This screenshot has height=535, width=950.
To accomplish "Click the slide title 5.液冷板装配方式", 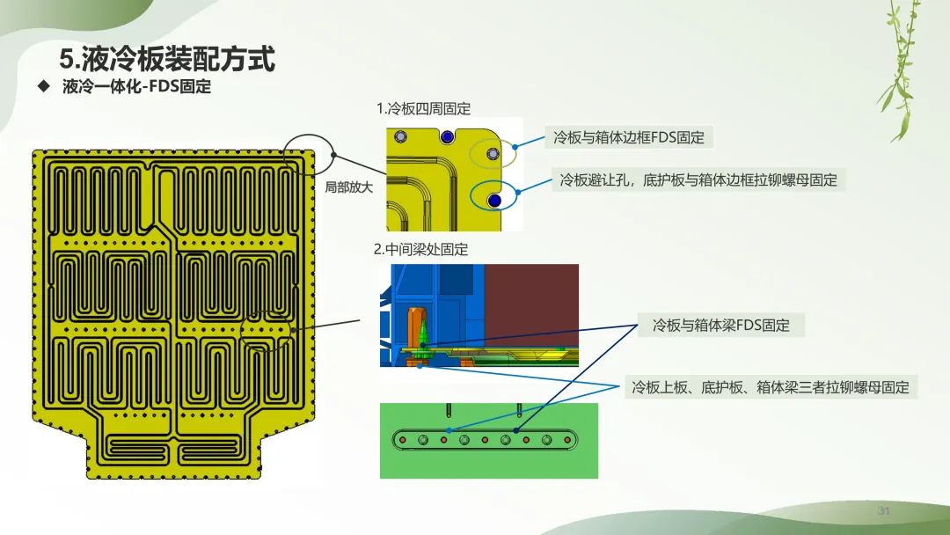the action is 167,59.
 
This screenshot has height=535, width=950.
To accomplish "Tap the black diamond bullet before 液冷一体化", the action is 44,86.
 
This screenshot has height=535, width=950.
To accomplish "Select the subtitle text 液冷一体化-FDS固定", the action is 137,86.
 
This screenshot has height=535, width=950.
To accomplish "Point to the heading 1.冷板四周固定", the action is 423,108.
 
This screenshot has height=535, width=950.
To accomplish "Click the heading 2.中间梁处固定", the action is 421,249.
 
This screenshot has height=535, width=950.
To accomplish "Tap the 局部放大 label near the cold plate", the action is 349,187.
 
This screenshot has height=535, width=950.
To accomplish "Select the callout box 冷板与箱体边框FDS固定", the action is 629,137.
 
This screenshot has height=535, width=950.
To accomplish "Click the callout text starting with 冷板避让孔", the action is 698,180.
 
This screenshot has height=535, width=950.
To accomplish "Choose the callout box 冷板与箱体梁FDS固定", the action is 721,326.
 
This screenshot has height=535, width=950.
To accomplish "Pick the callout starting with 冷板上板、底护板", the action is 771,387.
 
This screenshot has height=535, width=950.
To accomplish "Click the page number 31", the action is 883,510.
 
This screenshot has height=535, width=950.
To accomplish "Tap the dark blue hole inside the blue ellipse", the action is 494,200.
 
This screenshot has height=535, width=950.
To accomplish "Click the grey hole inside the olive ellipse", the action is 493,155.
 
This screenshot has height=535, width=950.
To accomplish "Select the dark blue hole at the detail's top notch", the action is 447,137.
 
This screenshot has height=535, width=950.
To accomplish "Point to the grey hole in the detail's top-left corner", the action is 400,136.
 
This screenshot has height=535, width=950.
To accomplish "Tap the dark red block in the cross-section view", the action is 531,305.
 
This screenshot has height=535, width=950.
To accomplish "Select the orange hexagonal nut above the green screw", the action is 420,315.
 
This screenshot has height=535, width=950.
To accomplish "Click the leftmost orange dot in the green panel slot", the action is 402,440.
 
